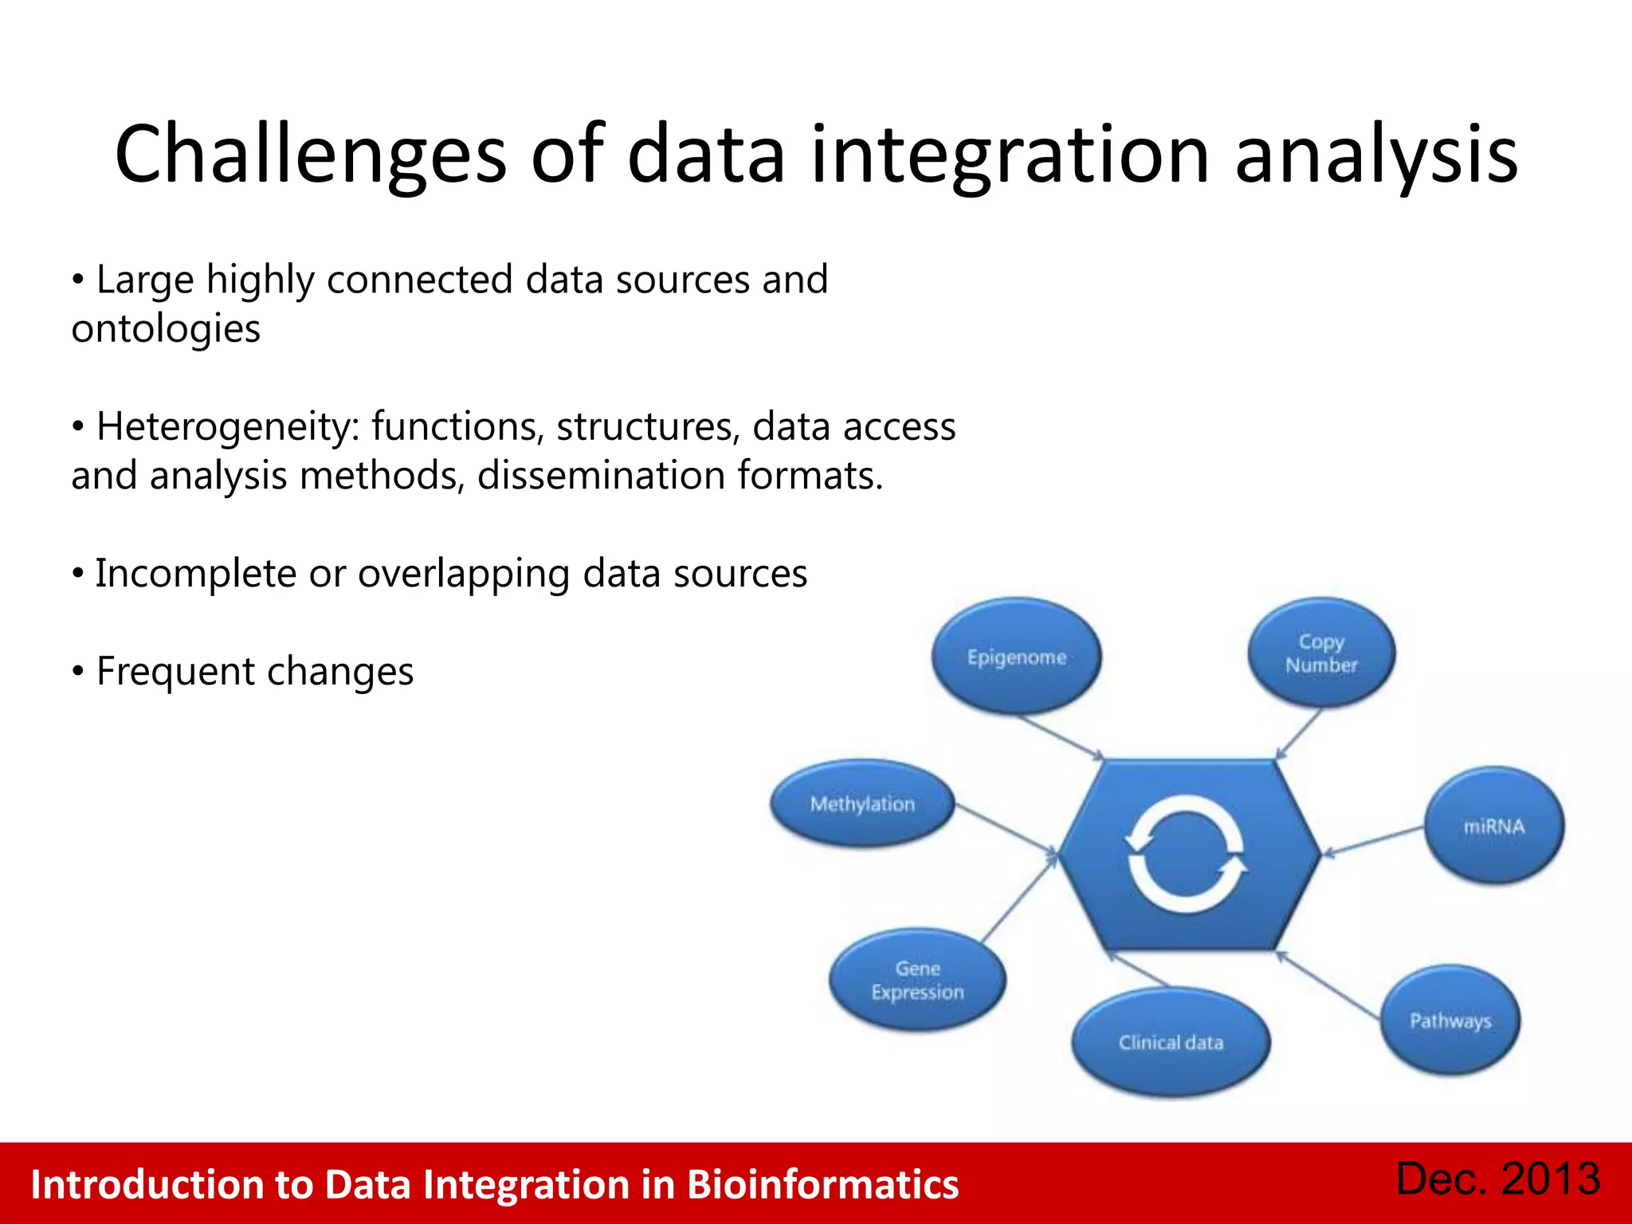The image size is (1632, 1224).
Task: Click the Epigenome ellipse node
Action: click(1016, 657)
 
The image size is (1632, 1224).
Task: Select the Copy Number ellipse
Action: click(1321, 653)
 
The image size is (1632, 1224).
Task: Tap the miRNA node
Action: click(1493, 826)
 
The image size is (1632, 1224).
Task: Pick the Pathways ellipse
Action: click(1450, 1021)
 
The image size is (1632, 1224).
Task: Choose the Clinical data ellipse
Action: click(1171, 1042)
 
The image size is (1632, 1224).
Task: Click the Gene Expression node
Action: click(917, 980)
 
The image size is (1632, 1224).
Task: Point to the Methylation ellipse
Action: click(862, 803)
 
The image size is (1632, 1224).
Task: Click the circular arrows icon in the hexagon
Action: click(1186, 855)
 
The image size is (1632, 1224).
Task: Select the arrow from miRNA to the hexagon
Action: click(1372, 841)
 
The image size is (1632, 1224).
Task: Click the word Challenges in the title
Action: click(310, 155)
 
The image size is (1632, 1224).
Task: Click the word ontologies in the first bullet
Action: click(166, 329)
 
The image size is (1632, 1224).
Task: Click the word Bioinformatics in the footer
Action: click(822, 1184)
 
